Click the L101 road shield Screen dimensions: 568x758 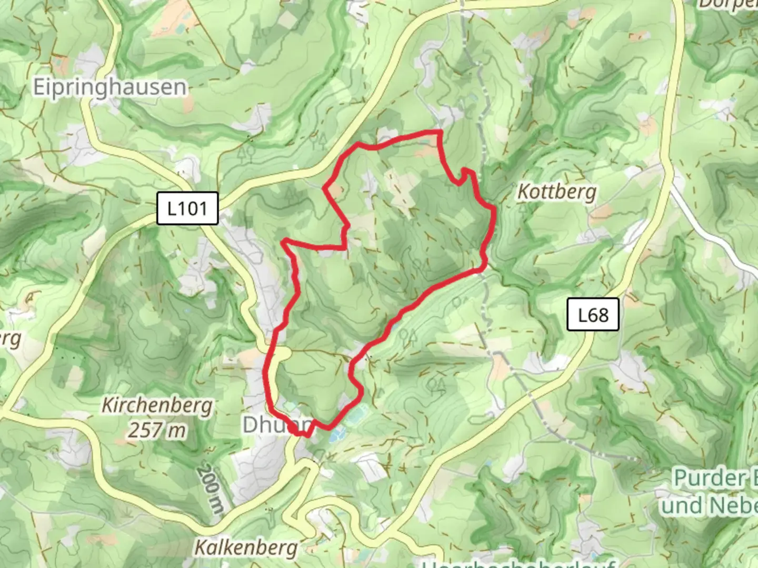coord(187,208)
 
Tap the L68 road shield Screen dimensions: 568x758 coord(593,315)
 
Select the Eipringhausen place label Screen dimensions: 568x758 coord(109,87)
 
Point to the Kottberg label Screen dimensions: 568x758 coord(557,191)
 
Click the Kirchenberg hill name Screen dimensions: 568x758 coord(157,405)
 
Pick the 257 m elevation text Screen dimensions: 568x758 coord(157,430)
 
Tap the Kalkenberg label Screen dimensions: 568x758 coord(246,547)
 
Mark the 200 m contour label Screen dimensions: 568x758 coord(211,489)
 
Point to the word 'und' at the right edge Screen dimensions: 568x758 coord(683,506)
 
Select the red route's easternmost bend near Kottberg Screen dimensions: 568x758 coord(494,210)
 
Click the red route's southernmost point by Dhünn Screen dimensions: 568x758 coord(304,434)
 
